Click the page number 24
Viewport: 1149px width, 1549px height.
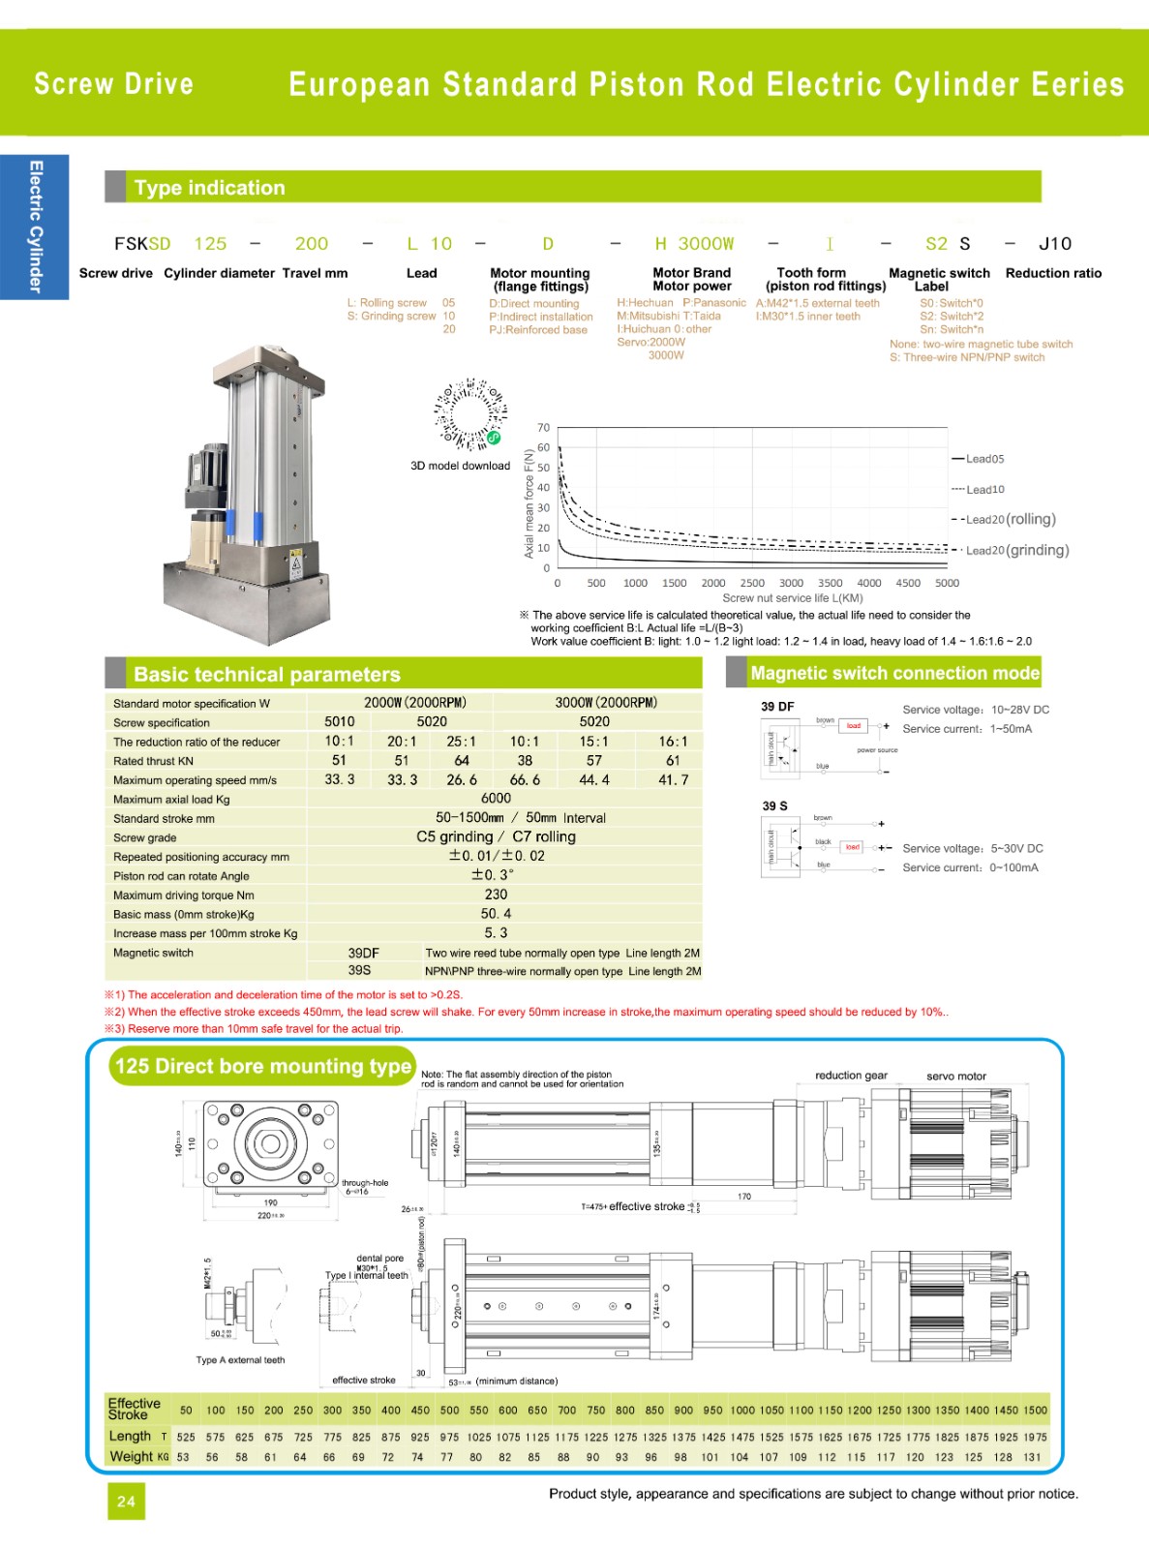[126, 1502]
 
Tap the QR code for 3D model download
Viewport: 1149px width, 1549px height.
[470, 414]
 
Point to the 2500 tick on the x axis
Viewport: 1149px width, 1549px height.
[752, 583]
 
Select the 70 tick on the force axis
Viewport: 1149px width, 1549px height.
[543, 427]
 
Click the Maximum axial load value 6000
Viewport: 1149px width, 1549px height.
[496, 799]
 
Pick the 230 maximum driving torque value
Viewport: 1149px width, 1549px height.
[496, 895]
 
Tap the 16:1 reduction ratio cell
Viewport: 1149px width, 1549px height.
[673, 742]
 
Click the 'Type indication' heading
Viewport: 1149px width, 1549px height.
[209, 188]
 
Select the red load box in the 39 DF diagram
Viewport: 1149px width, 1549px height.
[853, 725]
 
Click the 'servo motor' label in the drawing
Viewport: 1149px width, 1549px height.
[955, 1076]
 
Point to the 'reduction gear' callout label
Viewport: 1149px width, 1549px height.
[851, 1076]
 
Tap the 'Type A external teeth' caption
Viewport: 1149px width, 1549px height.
[240, 1360]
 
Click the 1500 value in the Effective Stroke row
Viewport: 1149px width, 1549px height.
[1035, 1411]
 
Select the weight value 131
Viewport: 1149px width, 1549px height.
[1032, 1457]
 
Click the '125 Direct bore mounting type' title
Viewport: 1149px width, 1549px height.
[263, 1066]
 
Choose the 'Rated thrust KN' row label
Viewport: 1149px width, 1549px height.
[153, 761]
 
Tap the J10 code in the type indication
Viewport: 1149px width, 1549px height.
[1055, 244]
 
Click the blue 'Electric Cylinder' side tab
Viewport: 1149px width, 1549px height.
[35, 227]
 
